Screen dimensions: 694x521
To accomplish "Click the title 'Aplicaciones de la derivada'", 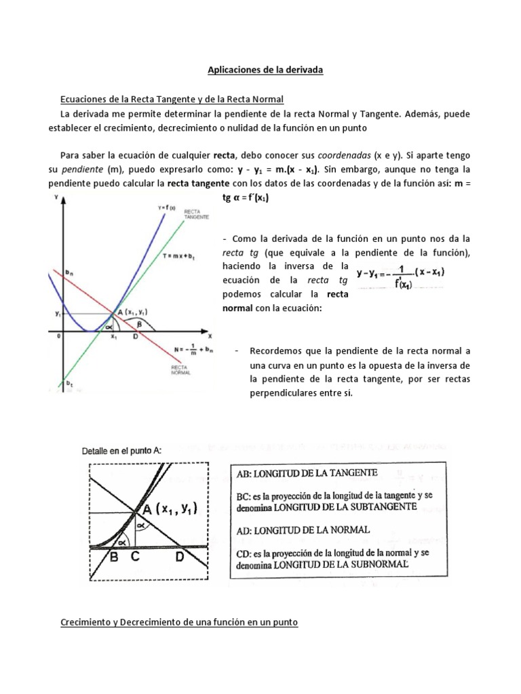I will click(x=260, y=69).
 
